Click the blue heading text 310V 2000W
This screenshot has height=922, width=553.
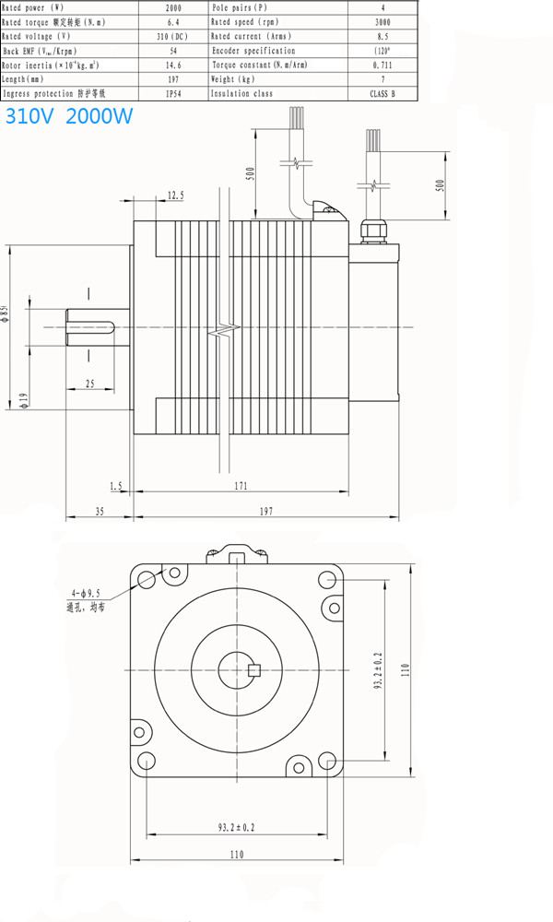point(69,117)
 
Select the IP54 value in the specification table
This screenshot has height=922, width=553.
point(172,93)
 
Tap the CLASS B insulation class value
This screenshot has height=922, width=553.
point(382,93)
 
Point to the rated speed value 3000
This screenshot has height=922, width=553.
point(382,22)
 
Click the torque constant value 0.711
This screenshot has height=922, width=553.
point(382,65)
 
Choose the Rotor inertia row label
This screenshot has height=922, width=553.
point(52,65)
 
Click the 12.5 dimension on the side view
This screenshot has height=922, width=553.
point(175,195)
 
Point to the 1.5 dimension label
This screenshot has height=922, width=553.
point(115,484)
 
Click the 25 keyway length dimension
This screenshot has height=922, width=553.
point(89,382)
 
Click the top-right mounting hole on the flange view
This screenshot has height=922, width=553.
point(327,579)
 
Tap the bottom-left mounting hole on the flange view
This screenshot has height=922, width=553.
point(146,762)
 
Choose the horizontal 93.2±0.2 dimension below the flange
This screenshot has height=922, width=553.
point(236,828)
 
